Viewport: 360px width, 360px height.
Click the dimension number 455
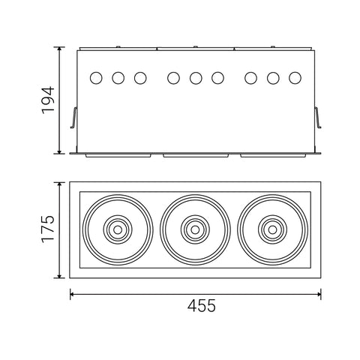[196, 306]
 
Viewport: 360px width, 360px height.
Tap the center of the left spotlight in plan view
[116, 229]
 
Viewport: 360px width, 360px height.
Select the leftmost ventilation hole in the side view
[95, 77]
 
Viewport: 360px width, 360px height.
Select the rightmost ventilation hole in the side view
[295, 77]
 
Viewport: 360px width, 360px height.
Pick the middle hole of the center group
[196, 77]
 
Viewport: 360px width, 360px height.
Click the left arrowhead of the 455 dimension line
[73, 294]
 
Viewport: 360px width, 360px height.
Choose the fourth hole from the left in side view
[173, 77]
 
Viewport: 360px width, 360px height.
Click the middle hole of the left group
[118, 77]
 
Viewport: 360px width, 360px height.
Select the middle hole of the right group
[274, 77]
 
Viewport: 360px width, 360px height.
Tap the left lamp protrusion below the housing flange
[118, 156]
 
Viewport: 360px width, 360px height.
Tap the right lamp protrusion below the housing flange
[274, 156]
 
